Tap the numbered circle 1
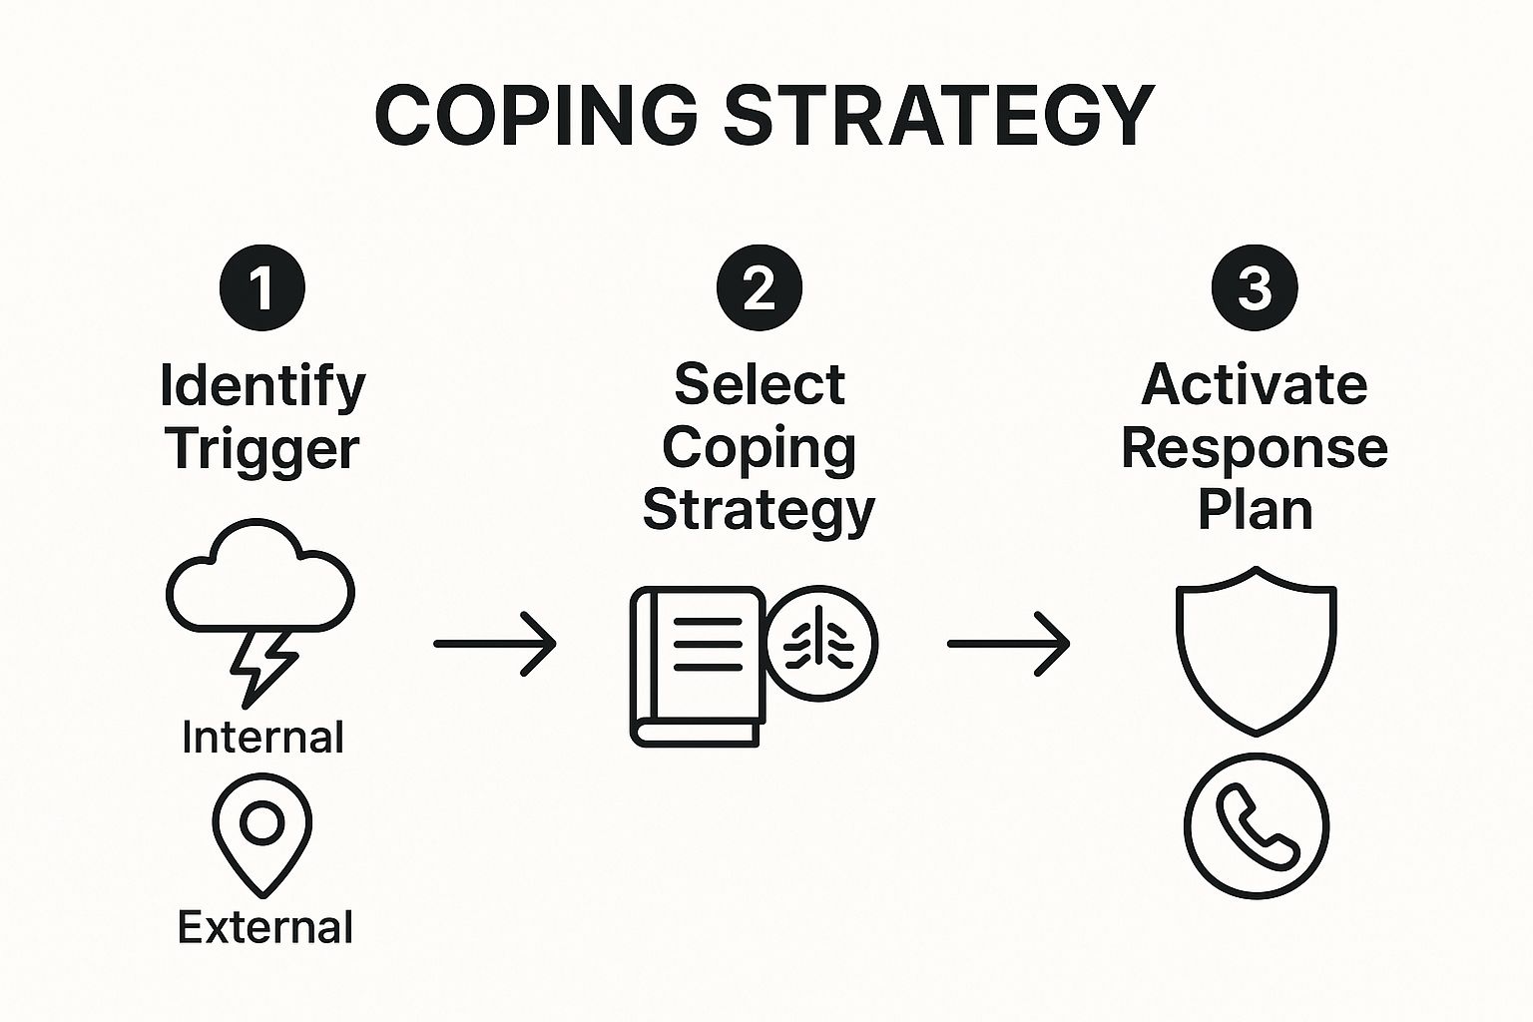pos(262,287)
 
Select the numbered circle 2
pos(760,287)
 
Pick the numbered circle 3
pos(1255,287)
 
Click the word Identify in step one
pos(262,386)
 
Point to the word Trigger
pos(262,449)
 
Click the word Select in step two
pos(760,384)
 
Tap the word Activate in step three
pos(1255,384)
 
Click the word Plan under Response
pos(1255,510)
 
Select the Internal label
pos(262,738)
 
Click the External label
pos(264,927)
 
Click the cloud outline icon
pos(259,579)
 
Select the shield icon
pos(1256,649)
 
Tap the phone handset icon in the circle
pos(1257,825)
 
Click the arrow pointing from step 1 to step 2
pos(495,644)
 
